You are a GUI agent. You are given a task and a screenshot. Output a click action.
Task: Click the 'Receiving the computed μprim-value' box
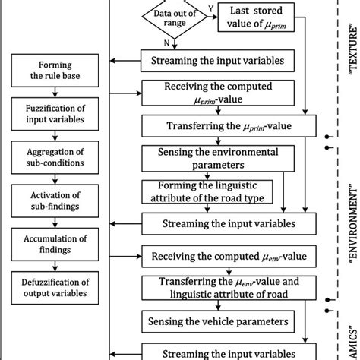206,92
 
